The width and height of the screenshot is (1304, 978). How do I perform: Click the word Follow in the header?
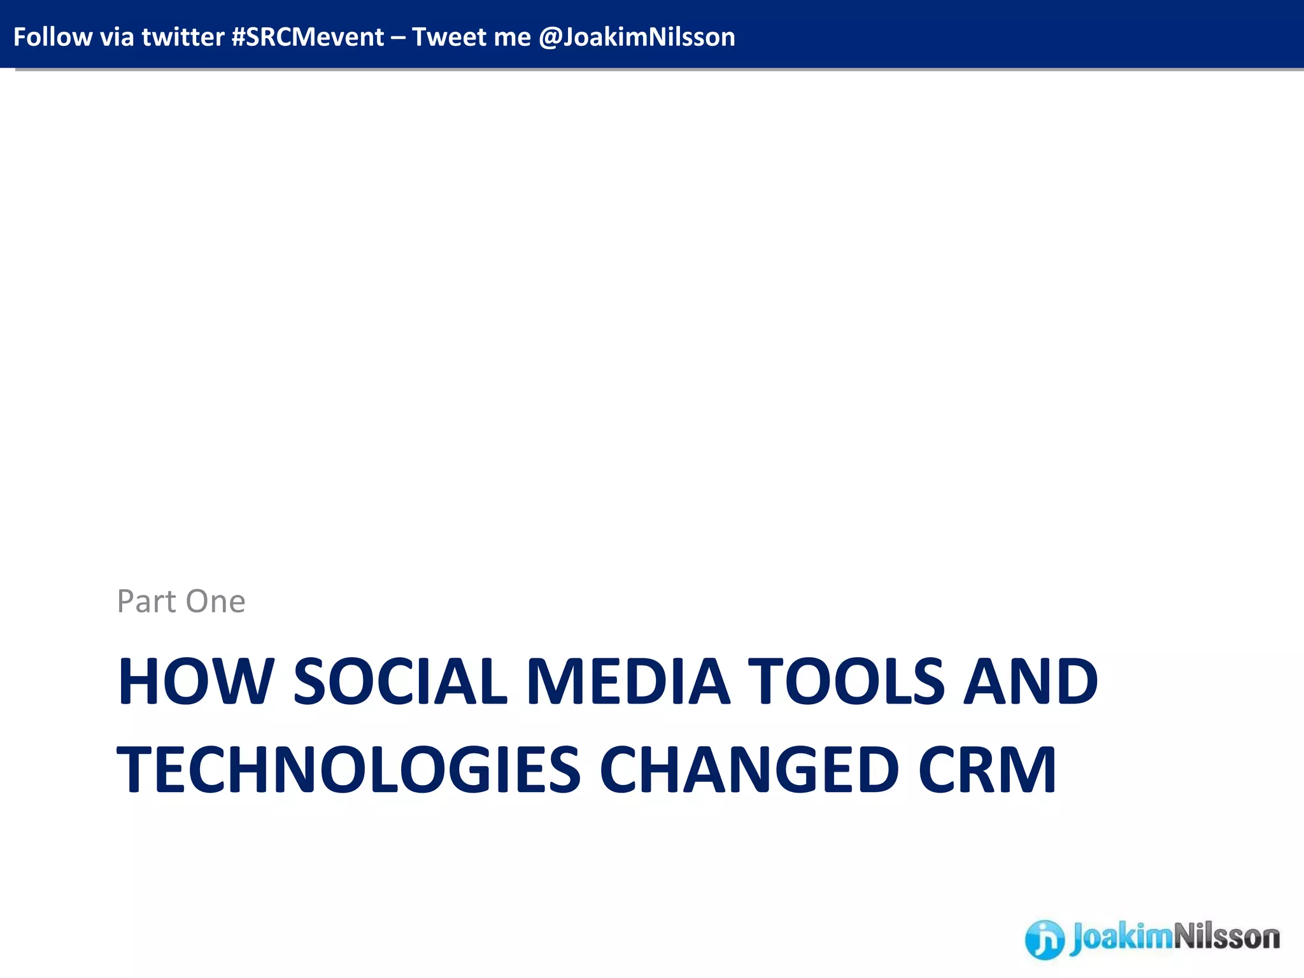click(x=52, y=37)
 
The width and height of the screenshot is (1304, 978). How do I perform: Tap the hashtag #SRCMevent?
click(x=308, y=37)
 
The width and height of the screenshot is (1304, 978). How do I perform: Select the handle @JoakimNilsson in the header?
click(x=637, y=37)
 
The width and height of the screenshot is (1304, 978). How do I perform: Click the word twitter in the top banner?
click(x=183, y=37)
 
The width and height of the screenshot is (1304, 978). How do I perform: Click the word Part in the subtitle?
click(x=146, y=601)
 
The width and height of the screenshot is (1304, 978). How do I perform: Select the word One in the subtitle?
click(x=215, y=601)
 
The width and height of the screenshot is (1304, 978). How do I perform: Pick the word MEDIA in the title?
click(x=628, y=681)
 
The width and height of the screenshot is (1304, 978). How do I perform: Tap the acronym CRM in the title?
click(x=987, y=770)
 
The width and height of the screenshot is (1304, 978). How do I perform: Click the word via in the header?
click(x=117, y=37)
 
